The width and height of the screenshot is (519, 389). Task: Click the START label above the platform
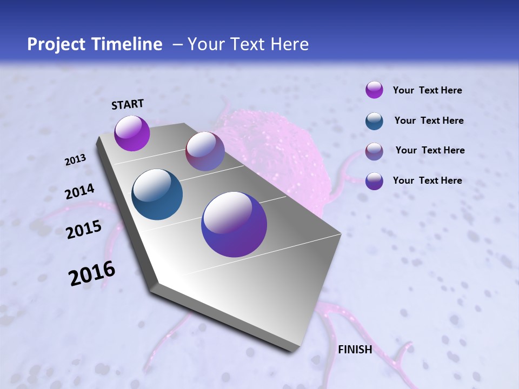tap(128, 104)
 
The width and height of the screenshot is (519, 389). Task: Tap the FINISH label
tap(355, 350)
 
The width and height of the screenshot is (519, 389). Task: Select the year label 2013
tap(75, 160)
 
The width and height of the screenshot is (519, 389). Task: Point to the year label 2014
tap(79, 192)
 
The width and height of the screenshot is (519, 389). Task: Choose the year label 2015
tap(84, 230)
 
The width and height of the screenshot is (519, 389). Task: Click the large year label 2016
tap(92, 273)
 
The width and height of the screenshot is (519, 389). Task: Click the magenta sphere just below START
tap(132, 133)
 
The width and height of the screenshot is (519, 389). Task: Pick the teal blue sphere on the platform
tap(157, 194)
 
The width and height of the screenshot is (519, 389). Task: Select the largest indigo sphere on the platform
tap(234, 224)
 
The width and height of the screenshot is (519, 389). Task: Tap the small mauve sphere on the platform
tap(205, 151)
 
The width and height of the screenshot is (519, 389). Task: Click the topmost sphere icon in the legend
tap(374, 90)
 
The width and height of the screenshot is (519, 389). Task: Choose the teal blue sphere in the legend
tap(374, 120)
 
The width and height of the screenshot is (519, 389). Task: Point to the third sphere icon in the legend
tap(374, 151)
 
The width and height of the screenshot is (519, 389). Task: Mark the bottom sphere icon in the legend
tap(374, 181)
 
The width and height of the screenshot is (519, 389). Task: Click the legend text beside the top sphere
tap(427, 90)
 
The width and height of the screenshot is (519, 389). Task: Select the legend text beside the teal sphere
tap(429, 120)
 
